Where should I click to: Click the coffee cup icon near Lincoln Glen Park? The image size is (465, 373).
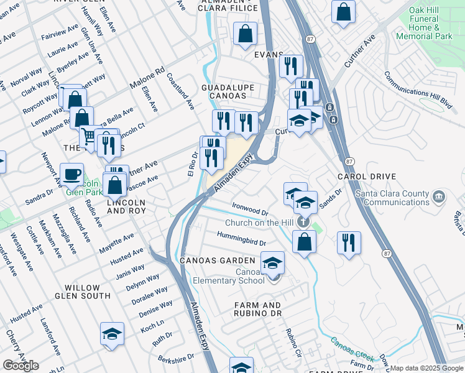pyautogui.click(x=71, y=174)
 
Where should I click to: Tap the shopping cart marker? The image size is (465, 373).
pyautogui.click(x=91, y=136)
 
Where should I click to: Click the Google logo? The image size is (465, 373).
pyautogui.click(x=21, y=366)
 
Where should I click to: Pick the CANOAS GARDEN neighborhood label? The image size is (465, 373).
pyautogui.click(x=218, y=260)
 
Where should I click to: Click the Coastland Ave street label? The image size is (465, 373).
pyautogui.click(x=180, y=90)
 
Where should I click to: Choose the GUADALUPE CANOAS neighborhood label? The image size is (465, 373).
pyautogui.click(x=224, y=91)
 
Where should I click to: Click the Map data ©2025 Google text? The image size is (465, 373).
pyautogui.click(x=426, y=368)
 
